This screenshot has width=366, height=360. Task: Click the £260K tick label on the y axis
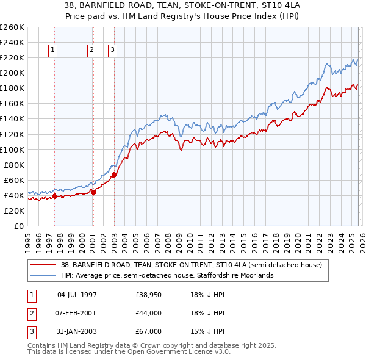pos(12,27)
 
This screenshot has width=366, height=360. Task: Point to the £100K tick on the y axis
pos(12,149)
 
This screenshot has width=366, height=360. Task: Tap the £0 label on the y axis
pos(18,226)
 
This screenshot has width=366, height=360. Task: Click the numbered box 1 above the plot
pos(54,51)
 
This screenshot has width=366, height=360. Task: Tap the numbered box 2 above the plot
pos(92,51)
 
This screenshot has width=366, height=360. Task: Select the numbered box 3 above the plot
pos(113,51)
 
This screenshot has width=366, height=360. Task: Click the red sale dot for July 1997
pos(54,196)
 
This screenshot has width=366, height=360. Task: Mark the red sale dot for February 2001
pos(93,192)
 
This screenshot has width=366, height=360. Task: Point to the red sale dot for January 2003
pos(114,175)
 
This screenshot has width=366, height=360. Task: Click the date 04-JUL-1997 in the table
pos(77,295)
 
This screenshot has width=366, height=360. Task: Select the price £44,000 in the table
pos(148,313)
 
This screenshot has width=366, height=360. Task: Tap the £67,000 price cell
pos(148,331)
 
